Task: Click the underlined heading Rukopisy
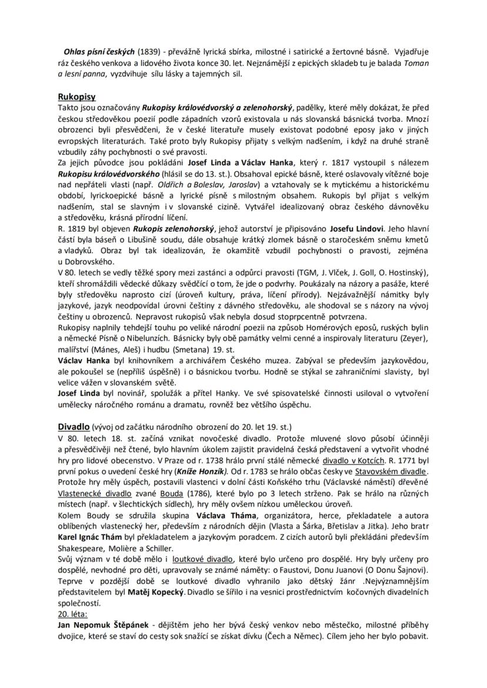point(76,96)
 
